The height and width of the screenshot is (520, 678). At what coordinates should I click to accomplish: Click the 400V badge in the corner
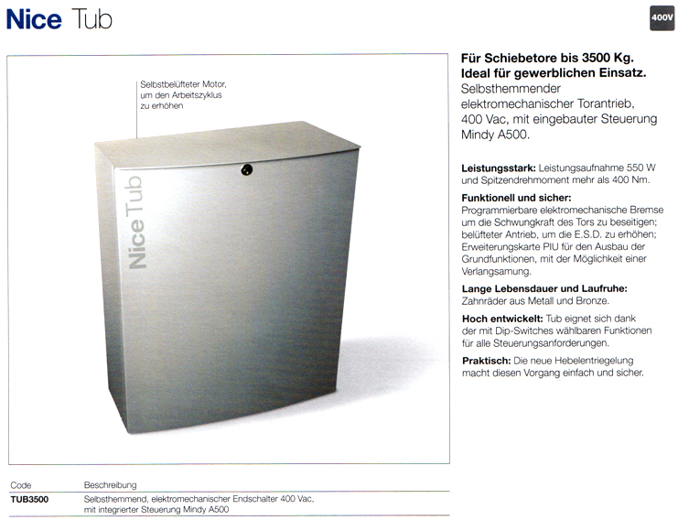(662, 18)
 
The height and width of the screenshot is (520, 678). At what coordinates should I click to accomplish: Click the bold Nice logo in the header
(34, 19)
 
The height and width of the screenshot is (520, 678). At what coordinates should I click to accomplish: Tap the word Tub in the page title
(91, 19)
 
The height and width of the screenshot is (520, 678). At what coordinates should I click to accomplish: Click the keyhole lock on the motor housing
(245, 169)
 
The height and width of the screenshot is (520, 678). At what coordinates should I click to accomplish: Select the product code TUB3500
(29, 499)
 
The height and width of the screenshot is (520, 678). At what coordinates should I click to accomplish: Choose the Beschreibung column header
(111, 484)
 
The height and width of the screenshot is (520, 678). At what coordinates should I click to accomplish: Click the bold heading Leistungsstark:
(499, 168)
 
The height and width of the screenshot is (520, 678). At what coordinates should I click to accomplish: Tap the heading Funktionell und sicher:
(517, 198)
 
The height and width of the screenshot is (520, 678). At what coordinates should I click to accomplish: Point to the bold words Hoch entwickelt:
(502, 318)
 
